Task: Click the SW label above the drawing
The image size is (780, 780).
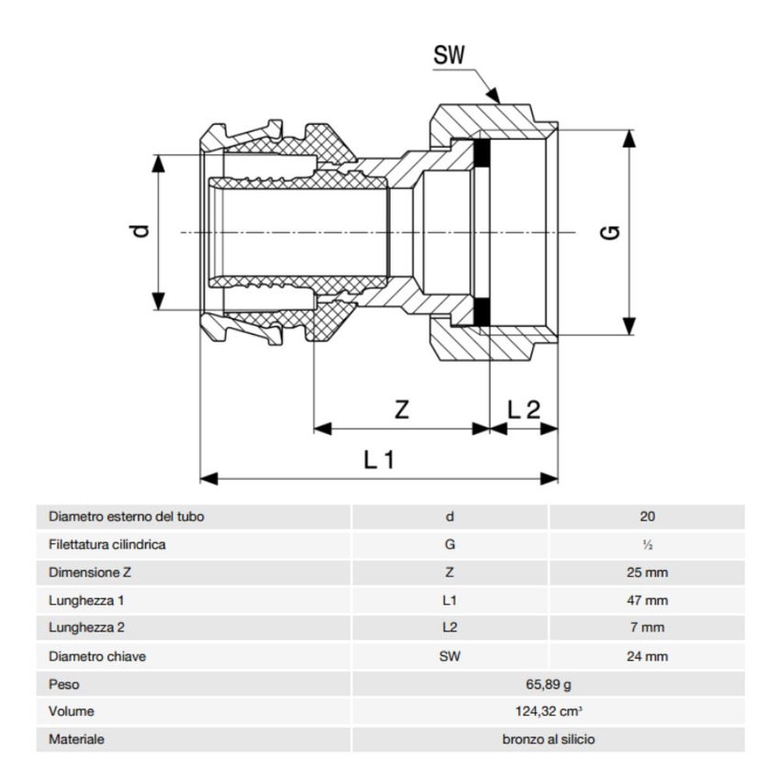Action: (x=449, y=55)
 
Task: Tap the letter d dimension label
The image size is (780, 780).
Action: (x=139, y=233)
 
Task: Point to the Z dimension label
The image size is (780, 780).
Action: (x=401, y=410)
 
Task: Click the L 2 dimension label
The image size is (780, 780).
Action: (x=523, y=410)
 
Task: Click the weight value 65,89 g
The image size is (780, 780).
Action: (x=548, y=684)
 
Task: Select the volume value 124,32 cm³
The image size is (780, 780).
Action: (x=548, y=711)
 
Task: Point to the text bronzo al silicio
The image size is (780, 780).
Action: (x=548, y=739)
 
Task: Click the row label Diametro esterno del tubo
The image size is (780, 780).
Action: (x=127, y=517)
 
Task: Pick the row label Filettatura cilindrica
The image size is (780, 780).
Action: (x=107, y=544)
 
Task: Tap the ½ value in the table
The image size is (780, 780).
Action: (x=648, y=545)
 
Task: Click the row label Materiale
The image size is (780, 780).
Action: (x=76, y=739)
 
